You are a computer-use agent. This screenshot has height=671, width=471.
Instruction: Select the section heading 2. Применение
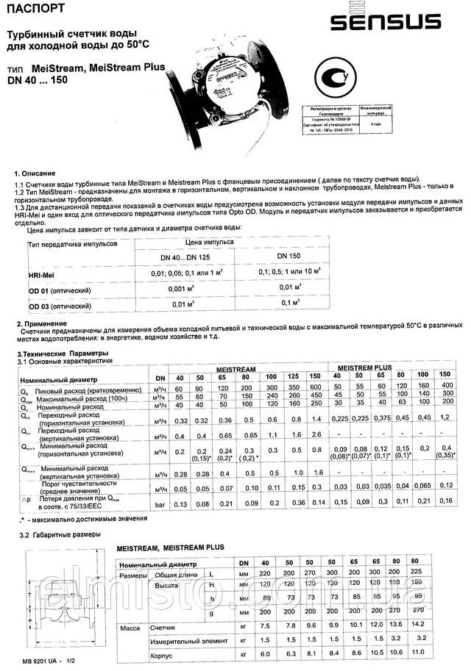point(42,323)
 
